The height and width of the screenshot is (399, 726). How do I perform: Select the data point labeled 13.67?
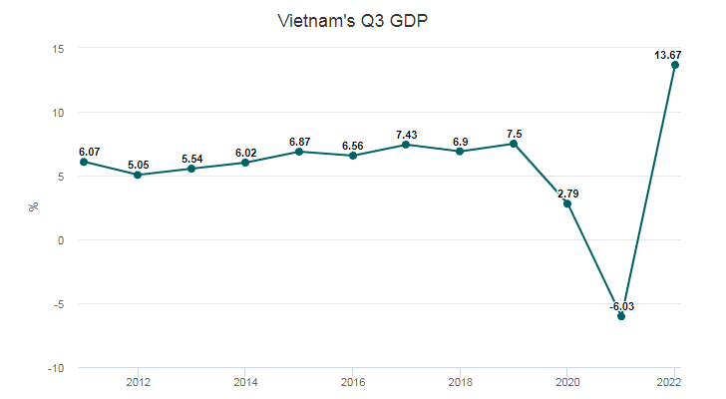tap(675, 65)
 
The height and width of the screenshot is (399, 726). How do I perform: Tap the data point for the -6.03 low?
tap(621, 316)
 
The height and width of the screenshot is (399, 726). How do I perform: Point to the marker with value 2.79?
tap(567, 203)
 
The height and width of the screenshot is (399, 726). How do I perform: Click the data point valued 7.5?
tap(514, 144)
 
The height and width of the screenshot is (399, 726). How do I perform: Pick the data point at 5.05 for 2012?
tap(137, 175)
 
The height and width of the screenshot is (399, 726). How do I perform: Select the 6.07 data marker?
tap(83, 162)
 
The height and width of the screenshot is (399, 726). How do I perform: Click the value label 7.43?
tap(406, 134)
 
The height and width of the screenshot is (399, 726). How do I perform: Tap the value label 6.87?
tap(299, 142)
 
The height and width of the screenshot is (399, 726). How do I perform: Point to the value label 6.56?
tap(353, 146)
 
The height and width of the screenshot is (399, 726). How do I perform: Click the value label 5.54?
tap(191, 159)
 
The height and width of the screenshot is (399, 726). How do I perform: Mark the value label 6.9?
tap(460, 142)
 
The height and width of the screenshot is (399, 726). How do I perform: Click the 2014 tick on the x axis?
tap(244, 382)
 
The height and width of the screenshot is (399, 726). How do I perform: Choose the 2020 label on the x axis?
tap(567, 382)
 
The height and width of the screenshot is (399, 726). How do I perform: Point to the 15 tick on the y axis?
tap(58, 48)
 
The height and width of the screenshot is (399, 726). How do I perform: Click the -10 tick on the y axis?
tap(55, 368)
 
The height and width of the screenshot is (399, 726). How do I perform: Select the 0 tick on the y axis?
tap(61, 240)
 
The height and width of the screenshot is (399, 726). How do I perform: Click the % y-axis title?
tap(34, 207)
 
